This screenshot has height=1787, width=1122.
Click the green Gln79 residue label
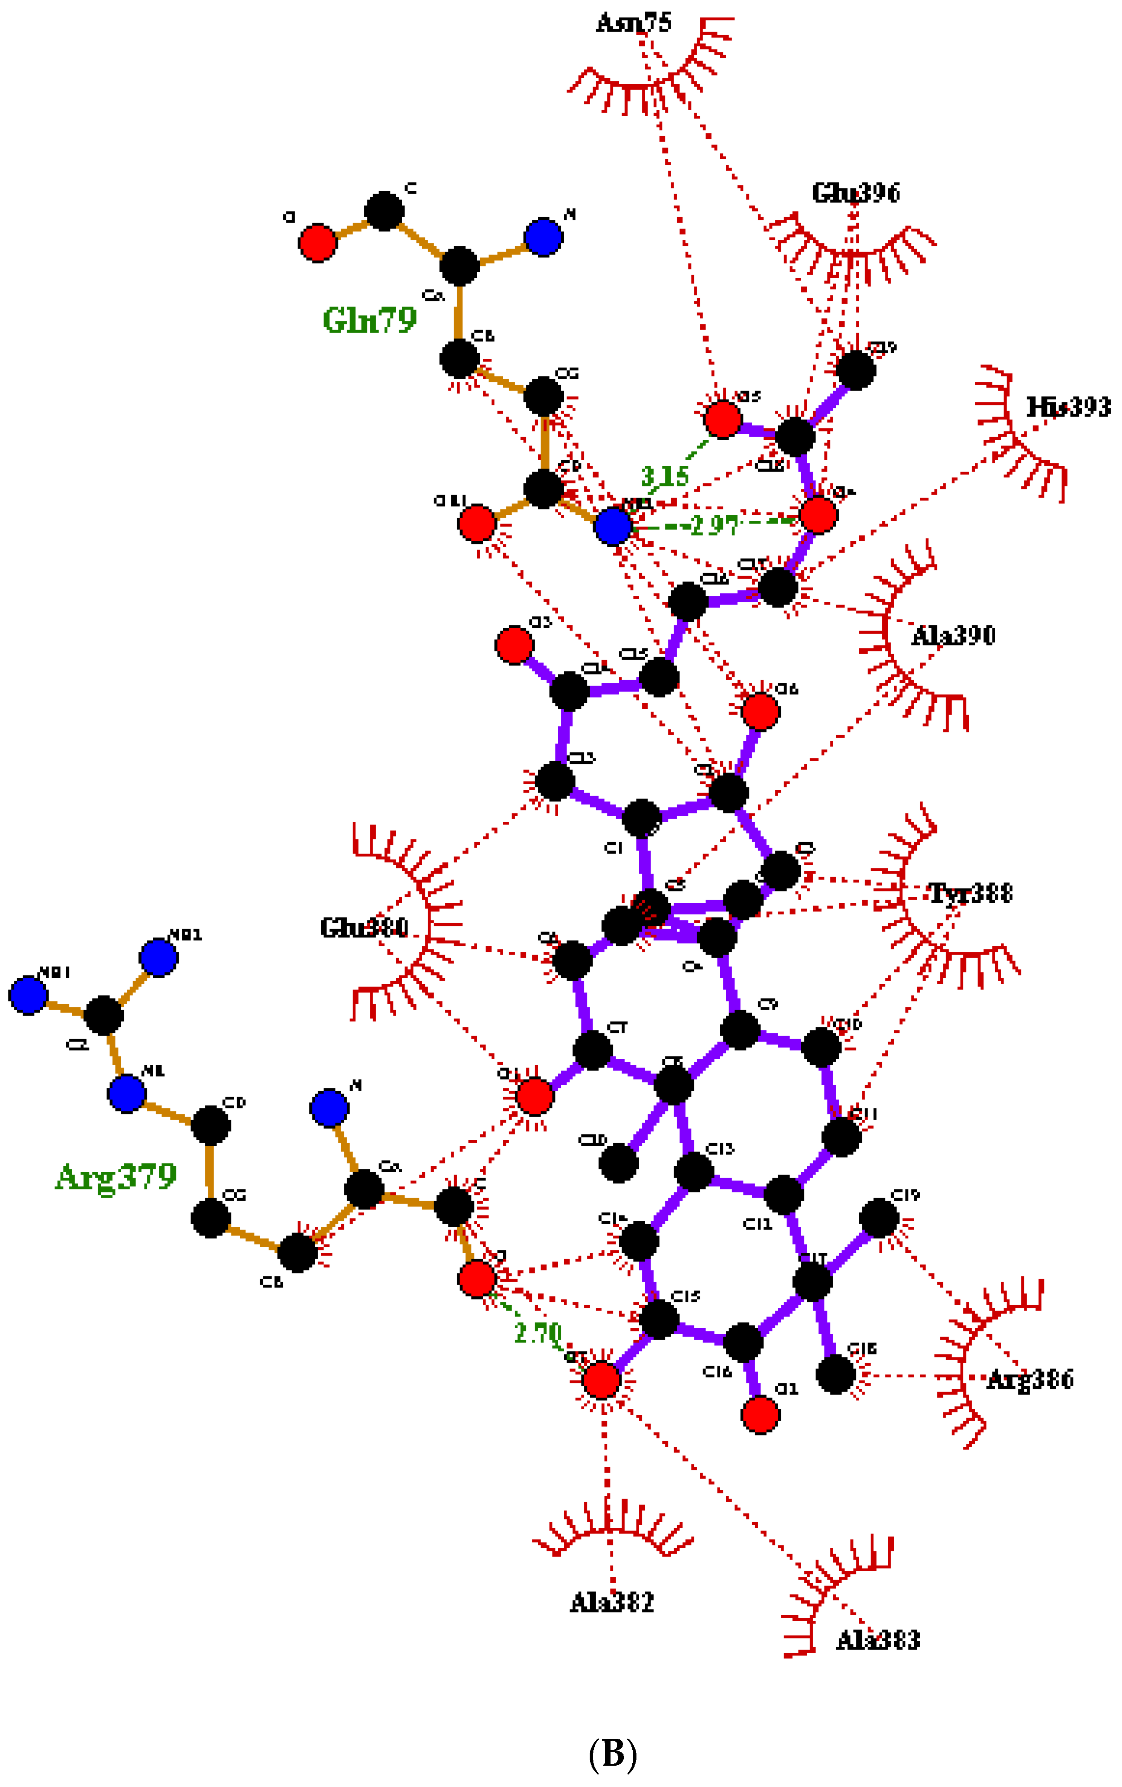369,320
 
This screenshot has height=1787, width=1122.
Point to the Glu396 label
855,193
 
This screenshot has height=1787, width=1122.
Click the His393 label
1069,406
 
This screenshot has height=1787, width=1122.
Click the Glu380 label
364,928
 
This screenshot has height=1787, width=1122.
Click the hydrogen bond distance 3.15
665,476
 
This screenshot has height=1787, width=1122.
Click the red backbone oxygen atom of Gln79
318,243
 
